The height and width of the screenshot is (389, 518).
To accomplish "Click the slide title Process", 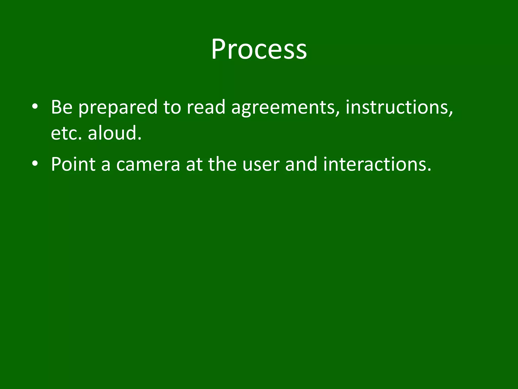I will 259,49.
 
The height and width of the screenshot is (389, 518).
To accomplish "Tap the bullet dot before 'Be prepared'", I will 35,107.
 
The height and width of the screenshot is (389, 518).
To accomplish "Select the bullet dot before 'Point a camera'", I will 35,164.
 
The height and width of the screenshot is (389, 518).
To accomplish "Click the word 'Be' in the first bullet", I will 62,107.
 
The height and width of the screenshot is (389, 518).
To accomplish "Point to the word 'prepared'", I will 118,108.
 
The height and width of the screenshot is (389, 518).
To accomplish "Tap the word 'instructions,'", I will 399,107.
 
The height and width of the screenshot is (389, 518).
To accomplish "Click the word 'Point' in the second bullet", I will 73,164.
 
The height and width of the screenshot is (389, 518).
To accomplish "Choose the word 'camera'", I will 148,165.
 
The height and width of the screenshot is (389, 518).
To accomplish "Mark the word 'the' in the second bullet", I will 222,164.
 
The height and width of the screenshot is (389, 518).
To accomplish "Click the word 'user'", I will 261,165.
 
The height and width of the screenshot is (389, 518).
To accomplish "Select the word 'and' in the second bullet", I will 301,164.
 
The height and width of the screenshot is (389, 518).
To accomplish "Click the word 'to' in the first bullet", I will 172,107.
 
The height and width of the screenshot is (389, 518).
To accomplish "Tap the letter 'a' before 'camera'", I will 106,165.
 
